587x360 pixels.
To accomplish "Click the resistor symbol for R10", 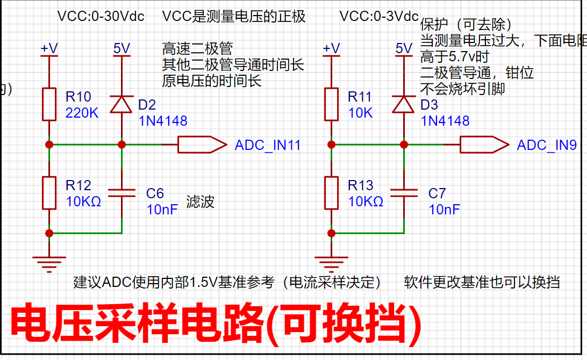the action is (x=49, y=104).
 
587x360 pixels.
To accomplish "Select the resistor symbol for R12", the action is (x=49, y=193).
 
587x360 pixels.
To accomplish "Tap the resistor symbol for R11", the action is (x=331, y=104).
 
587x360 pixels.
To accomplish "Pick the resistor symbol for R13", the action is (x=331, y=193).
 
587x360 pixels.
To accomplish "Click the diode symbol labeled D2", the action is (x=121, y=104).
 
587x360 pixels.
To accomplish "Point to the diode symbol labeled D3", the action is (x=404, y=104).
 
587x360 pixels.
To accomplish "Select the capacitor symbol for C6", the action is (x=121, y=193).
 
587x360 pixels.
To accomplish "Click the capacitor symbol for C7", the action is (x=404, y=193).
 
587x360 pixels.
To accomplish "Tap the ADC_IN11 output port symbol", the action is (x=202, y=145).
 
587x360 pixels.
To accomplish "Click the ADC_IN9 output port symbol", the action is (x=484, y=145).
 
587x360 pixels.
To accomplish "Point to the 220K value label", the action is (x=82, y=113).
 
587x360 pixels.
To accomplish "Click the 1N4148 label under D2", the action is (x=163, y=121).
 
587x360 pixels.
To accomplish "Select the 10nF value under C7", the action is (x=445, y=210).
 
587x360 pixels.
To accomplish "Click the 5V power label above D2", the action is (x=121, y=48).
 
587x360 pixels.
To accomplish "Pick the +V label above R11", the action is (x=331, y=48).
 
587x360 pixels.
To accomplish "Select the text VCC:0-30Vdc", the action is (x=101, y=17).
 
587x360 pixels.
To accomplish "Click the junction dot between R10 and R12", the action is (x=49, y=145).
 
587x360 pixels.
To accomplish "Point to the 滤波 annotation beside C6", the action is (x=201, y=201).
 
